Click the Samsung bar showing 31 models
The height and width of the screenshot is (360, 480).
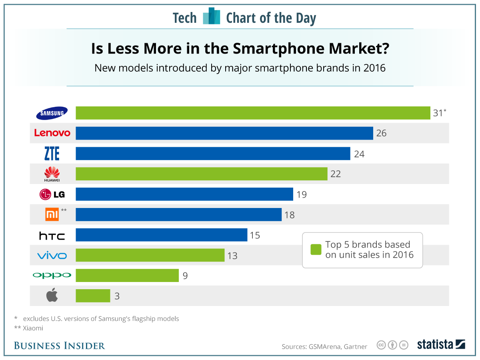pyautogui.click(x=253, y=113)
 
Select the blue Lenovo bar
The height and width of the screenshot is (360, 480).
pyautogui.click(x=224, y=133)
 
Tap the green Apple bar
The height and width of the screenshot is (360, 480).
pyautogui.click(x=93, y=296)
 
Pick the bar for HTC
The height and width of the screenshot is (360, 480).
pyautogui.click(x=161, y=235)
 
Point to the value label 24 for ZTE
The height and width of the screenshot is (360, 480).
pyautogui.click(x=359, y=154)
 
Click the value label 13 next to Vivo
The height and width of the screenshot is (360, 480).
pyautogui.click(x=232, y=256)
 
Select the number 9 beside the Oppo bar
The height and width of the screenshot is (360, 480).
pyautogui.click(x=185, y=276)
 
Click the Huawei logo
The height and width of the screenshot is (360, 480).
pyautogui.click(x=52, y=174)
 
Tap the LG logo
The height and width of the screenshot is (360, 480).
pyautogui.click(x=52, y=195)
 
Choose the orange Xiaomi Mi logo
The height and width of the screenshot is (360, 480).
pyautogui.click(x=52, y=215)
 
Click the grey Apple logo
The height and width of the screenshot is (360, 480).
pyautogui.click(x=52, y=296)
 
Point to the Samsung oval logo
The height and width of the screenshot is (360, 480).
pyautogui.click(x=52, y=113)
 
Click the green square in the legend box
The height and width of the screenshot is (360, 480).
pyautogui.click(x=316, y=250)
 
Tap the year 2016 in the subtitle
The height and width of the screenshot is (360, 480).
pyautogui.click(x=374, y=68)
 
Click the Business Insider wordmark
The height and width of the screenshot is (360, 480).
pyautogui.click(x=59, y=346)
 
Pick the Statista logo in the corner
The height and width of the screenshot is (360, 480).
pyautogui.click(x=441, y=344)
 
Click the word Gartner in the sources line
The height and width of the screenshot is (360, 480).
pyautogui.click(x=356, y=346)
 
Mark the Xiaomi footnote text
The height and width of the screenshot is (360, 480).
pyautogui.click(x=28, y=328)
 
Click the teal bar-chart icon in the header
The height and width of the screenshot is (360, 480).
pyautogui.click(x=211, y=16)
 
